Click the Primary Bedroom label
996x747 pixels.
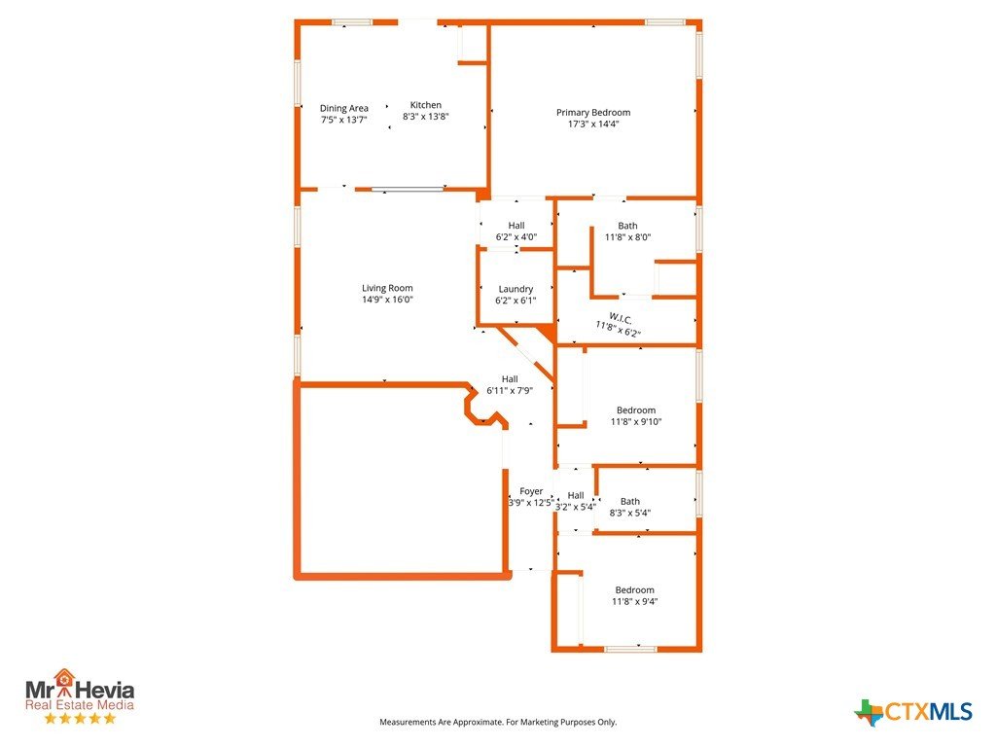coord(593,113)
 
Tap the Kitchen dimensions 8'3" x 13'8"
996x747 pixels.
coord(426,117)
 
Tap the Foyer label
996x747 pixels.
coord(531,491)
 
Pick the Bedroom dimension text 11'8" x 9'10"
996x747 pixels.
coord(636,422)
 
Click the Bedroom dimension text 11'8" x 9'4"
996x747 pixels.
coord(634,601)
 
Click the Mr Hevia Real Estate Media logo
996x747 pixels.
coord(80,695)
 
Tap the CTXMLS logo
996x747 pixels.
coord(912,711)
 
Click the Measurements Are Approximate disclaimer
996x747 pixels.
coord(498,723)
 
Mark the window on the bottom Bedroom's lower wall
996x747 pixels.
coord(630,649)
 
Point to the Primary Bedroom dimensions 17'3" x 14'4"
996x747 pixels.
coord(593,124)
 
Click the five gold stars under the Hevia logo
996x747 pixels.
coord(80,719)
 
